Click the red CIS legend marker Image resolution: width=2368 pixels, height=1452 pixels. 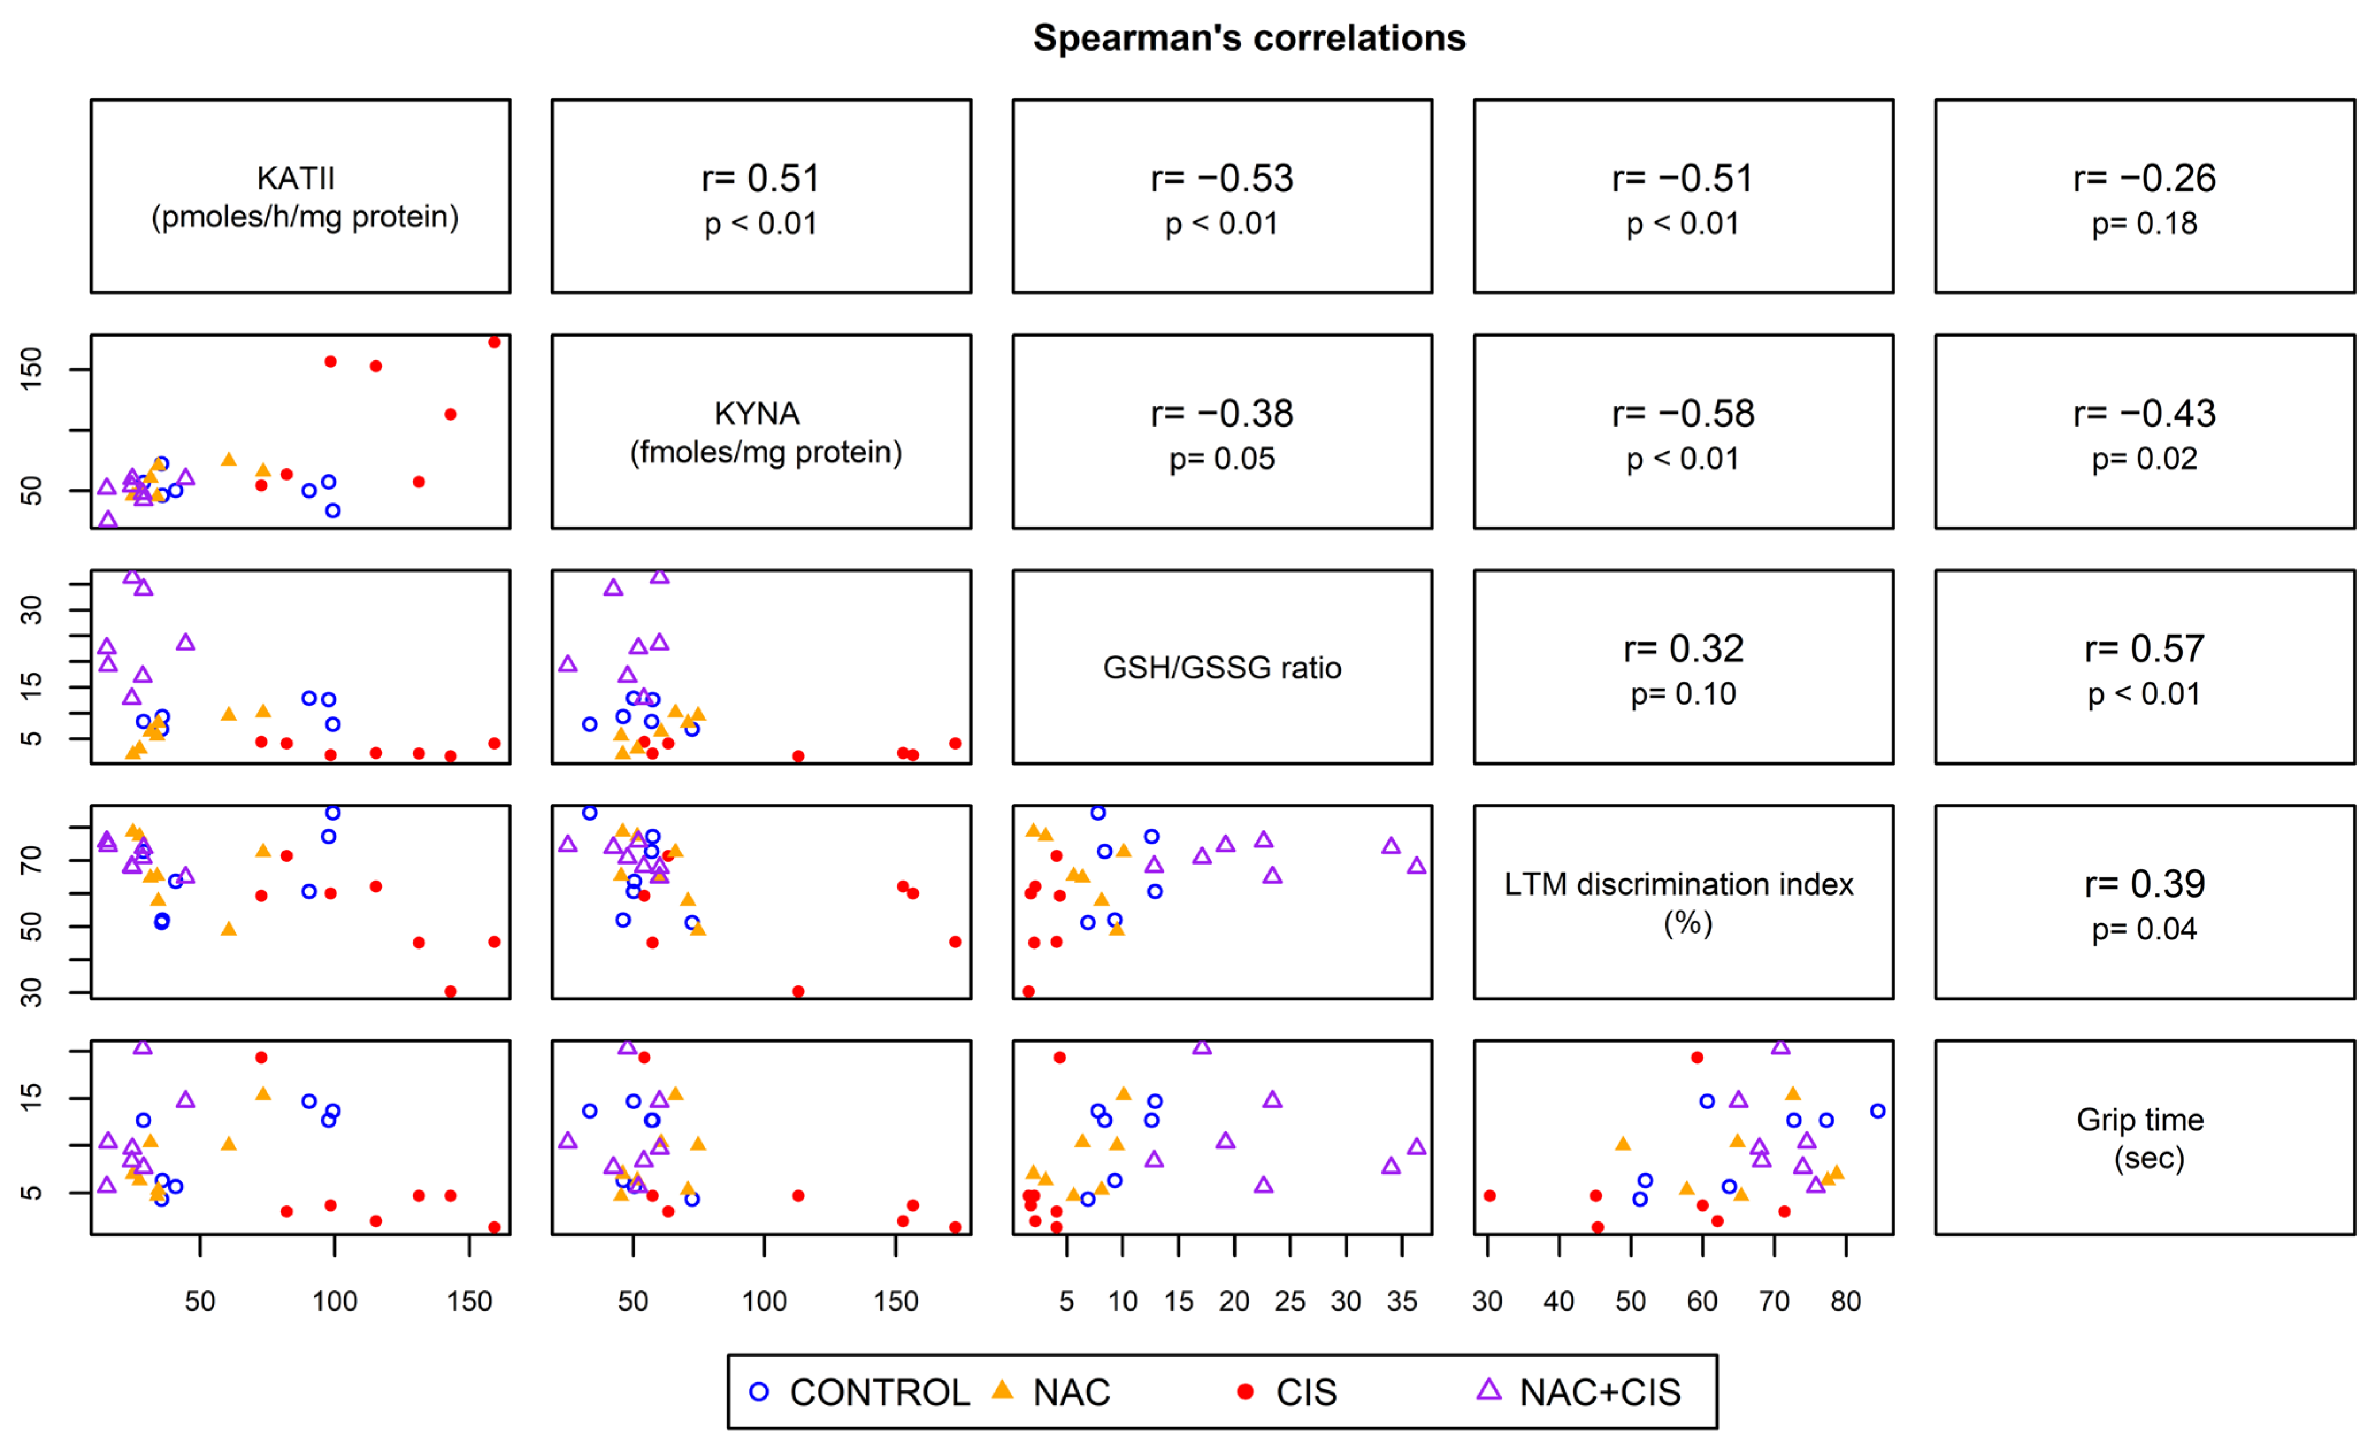[x=1245, y=1392]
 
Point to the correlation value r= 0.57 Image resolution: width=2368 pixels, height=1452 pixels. [x=2144, y=648]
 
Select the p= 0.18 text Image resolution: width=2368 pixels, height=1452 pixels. [x=2144, y=224]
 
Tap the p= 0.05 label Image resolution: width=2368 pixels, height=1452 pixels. [x=1222, y=459]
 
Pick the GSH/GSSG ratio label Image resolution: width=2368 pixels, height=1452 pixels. [x=1222, y=668]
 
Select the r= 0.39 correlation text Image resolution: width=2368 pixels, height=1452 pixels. [x=2144, y=884]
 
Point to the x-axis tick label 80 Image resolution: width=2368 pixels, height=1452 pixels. [x=1845, y=1301]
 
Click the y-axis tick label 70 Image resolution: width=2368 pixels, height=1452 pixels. [x=32, y=860]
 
